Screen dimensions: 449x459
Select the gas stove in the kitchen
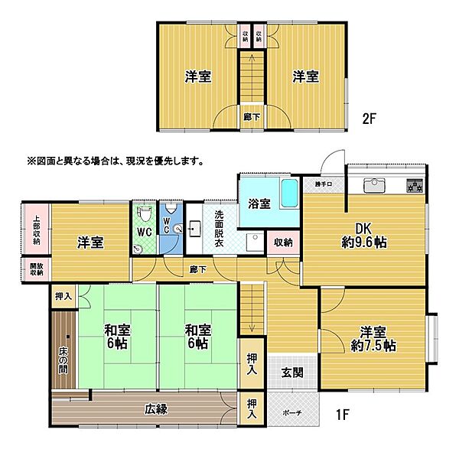click(x=414, y=185)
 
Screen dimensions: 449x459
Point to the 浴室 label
click(x=259, y=204)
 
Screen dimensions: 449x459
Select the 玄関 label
click(x=291, y=373)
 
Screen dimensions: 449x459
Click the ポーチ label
click(x=291, y=413)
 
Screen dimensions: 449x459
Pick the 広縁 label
click(x=155, y=408)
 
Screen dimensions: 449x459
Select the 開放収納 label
click(x=35, y=271)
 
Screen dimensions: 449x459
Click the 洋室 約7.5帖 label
click(x=379, y=338)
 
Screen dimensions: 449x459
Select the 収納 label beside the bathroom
click(x=283, y=242)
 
